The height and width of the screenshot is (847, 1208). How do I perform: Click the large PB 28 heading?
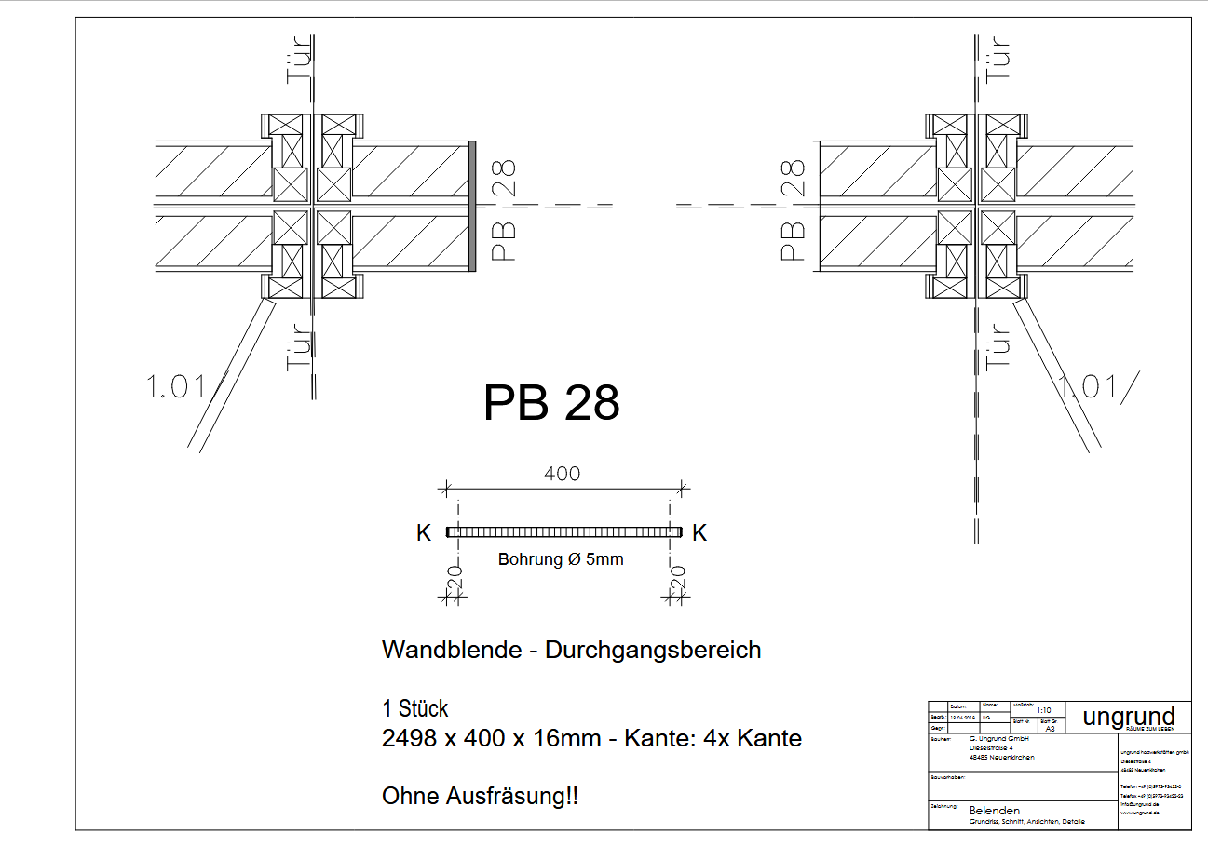click(551, 403)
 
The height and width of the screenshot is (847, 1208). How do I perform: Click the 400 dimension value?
click(562, 474)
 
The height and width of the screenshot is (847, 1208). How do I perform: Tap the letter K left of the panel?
click(424, 533)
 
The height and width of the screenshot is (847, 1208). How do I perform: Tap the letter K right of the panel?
click(700, 533)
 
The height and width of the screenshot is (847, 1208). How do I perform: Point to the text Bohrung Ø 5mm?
click(561, 559)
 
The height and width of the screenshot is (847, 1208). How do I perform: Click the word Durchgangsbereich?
click(653, 650)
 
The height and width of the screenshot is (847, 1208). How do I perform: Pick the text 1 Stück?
click(414, 708)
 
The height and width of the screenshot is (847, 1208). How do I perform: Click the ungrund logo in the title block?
click(1128, 716)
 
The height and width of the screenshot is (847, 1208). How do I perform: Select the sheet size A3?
click(1050, 729)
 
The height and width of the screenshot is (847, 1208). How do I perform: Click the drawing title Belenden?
click(994, 811)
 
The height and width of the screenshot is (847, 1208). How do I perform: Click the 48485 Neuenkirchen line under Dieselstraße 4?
click(1002, 757)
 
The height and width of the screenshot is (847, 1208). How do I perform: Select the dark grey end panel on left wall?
click(472, 206)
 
